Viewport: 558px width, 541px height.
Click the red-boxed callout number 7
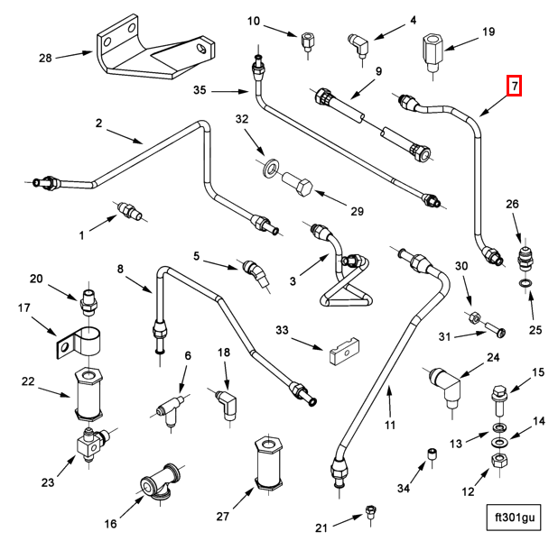[515, 87]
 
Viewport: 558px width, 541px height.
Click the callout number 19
[488, 32]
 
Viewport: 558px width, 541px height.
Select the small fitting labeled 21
[370, 514]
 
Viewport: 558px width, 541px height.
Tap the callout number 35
[200, 90]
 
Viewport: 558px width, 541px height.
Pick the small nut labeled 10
[309, 41]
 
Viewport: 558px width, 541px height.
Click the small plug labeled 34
[432, 455]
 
